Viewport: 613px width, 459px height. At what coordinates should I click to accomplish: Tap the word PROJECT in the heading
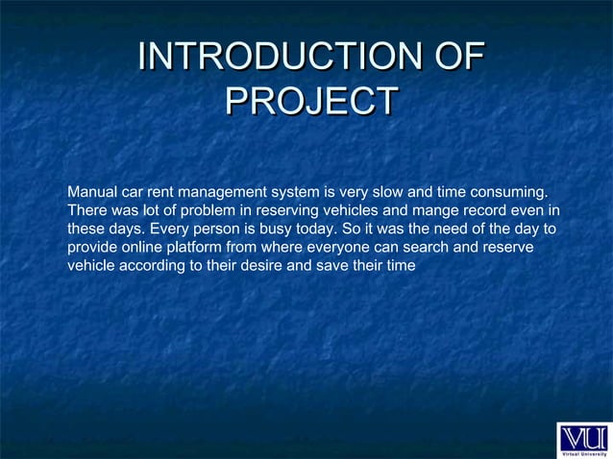[309, 102]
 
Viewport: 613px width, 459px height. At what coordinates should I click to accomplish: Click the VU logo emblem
[583, 434]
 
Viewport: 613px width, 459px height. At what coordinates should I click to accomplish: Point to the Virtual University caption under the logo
[583, 452]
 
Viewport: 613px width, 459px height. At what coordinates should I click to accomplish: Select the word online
[139, 248]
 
